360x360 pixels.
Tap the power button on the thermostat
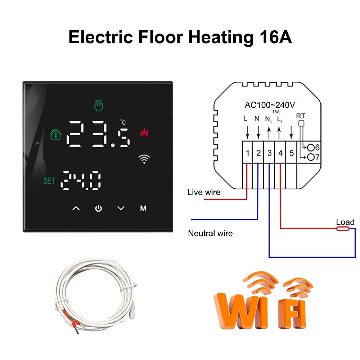(x=98, y=208)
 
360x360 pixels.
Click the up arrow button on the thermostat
(x=76, y=208)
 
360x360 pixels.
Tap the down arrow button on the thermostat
(x=121, y=208)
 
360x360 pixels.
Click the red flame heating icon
(x=144, y=132)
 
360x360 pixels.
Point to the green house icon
(x=55, y=134)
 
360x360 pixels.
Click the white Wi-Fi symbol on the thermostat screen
(x=144, y=159)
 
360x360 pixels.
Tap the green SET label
(x=49, y=181)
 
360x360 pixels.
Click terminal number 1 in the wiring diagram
(x=247, y=153)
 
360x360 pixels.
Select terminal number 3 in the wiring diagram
(x=269, y=153)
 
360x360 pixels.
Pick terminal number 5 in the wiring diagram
(x=292, y=153)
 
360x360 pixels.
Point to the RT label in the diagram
(x=300, y=116)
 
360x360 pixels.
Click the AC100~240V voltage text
(x=270, y=105)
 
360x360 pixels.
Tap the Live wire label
(x=203, y=192)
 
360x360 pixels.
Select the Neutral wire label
(x=210, y=233)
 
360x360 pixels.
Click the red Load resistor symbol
(x=342, y=229)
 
